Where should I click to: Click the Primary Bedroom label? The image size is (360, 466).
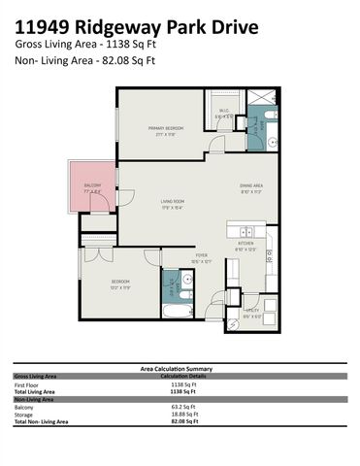[x=167, y=129]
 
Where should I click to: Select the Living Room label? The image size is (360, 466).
[x=173, y=203]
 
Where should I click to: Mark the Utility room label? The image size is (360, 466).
[x=251, y=312]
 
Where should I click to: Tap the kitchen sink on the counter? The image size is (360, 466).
[x=247, y=232]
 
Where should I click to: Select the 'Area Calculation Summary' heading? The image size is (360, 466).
[x=180, y=369]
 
